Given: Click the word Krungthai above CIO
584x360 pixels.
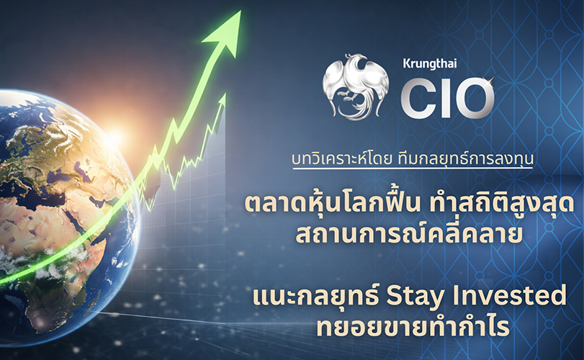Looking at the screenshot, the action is [430, 63].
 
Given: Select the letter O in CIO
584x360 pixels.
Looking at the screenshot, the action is [474, 97].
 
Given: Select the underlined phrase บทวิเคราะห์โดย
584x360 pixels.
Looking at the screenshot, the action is [341, 159].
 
